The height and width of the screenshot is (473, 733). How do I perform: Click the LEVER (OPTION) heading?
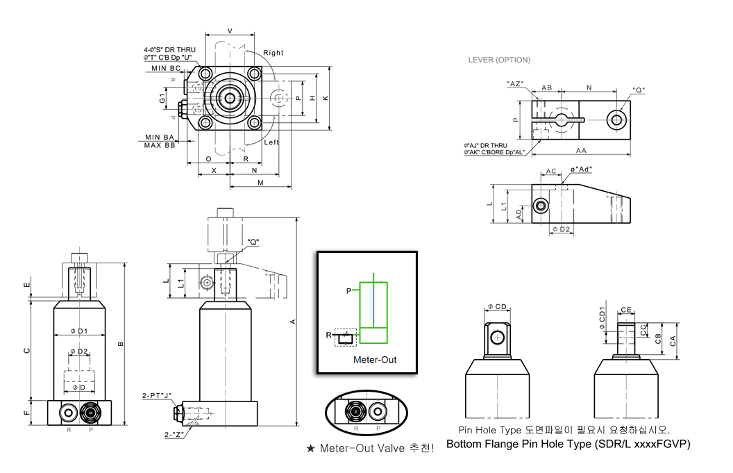(499, 60)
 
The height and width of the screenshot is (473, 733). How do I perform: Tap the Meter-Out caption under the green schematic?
(374, 360)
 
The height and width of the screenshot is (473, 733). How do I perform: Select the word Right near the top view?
(273, 53)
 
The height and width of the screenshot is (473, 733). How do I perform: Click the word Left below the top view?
(271, 142)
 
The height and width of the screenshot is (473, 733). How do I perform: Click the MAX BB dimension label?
(159, 145)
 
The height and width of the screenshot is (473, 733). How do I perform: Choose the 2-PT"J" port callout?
(157, 395)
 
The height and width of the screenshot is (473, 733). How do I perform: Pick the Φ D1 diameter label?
(80, 331)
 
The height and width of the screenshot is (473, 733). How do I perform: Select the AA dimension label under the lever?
(580, 150)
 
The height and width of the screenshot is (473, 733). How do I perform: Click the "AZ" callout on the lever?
(514, 84)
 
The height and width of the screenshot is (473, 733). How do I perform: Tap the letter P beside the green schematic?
(348, 291)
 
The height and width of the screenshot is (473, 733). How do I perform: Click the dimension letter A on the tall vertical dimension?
(293, 321)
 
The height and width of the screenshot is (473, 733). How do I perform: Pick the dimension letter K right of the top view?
(325, 98)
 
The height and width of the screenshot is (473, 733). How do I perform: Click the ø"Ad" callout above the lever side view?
(582, 169)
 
